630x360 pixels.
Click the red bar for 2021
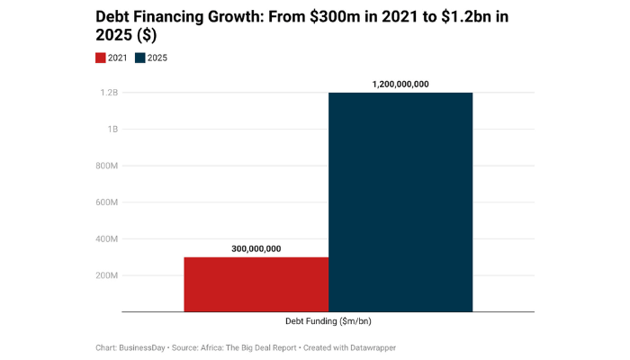[x=256, y=284]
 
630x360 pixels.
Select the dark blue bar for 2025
[x=400, y=202]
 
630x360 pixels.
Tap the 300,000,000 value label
[x=256, y=249]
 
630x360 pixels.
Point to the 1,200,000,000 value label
[x=400, y=84]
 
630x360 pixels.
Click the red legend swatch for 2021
[x=101, y=58]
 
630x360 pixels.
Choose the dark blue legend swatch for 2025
[x=140, y=58]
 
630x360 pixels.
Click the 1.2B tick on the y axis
[x=109, y=93]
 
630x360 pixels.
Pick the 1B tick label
[x=112, y=130]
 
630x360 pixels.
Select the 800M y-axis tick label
[x=106, y=166]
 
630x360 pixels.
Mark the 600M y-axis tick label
[x=106, y=202]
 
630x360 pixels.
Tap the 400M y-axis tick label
[x=106, y=239]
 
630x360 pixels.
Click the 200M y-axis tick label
[x=106, y=275]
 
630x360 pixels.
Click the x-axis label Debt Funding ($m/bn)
[x=328, y=321]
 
